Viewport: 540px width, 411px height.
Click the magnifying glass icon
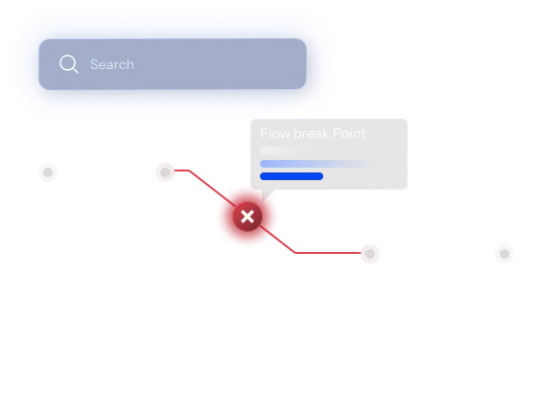(x=68, y=64)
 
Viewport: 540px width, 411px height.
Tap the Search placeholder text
(x=112, y=64)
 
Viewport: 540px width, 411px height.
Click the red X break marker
(x=247, y=217)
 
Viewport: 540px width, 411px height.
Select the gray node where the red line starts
(x=165, y=171)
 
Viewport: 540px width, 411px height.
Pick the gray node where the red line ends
(x=370, y=254)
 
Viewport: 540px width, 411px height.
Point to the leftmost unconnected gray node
(x=48, y=171)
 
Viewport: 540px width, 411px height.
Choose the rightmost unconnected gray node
(x=505, y=254)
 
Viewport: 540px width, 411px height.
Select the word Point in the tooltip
(x=349, y=133)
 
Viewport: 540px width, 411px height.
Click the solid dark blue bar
(x=292, y=176)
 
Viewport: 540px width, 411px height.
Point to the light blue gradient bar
(x=317, y=164)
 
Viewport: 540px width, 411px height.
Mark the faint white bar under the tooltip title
(x=296, y=150)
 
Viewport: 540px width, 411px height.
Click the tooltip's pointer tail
(x=267, y=194)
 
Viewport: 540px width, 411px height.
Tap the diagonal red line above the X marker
(x=213, y=189)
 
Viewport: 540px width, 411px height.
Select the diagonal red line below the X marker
(x=277, y=240)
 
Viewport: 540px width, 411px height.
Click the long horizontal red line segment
(x=328, y=253)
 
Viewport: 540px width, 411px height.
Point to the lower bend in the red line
(x=295, y=253)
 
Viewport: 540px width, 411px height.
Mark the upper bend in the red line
(x=189, y=171)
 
